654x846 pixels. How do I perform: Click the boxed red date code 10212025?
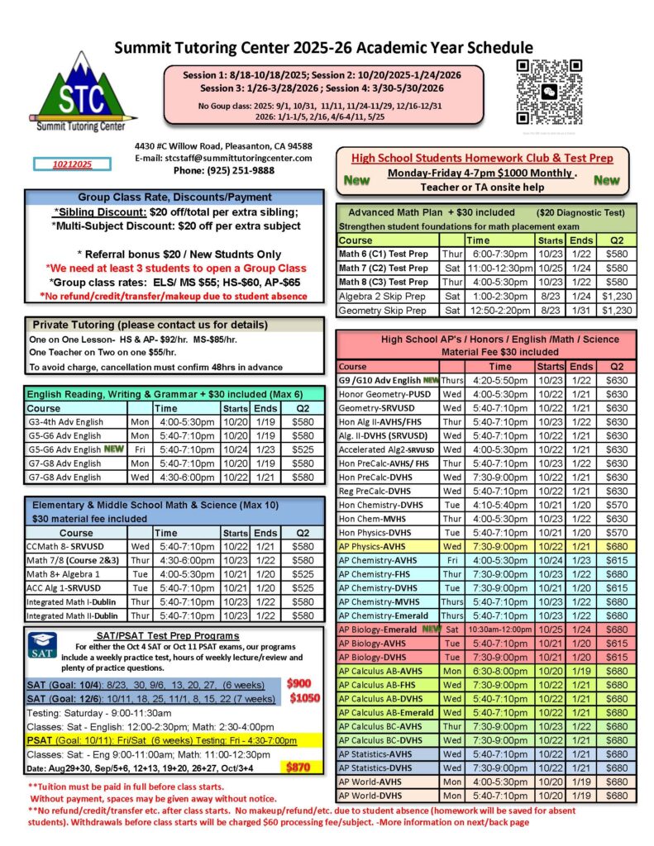[72, 164]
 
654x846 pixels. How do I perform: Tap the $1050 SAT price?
[304, 698]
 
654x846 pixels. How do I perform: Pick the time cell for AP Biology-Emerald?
[500, 629]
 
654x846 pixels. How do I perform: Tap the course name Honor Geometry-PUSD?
[380, 394]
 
